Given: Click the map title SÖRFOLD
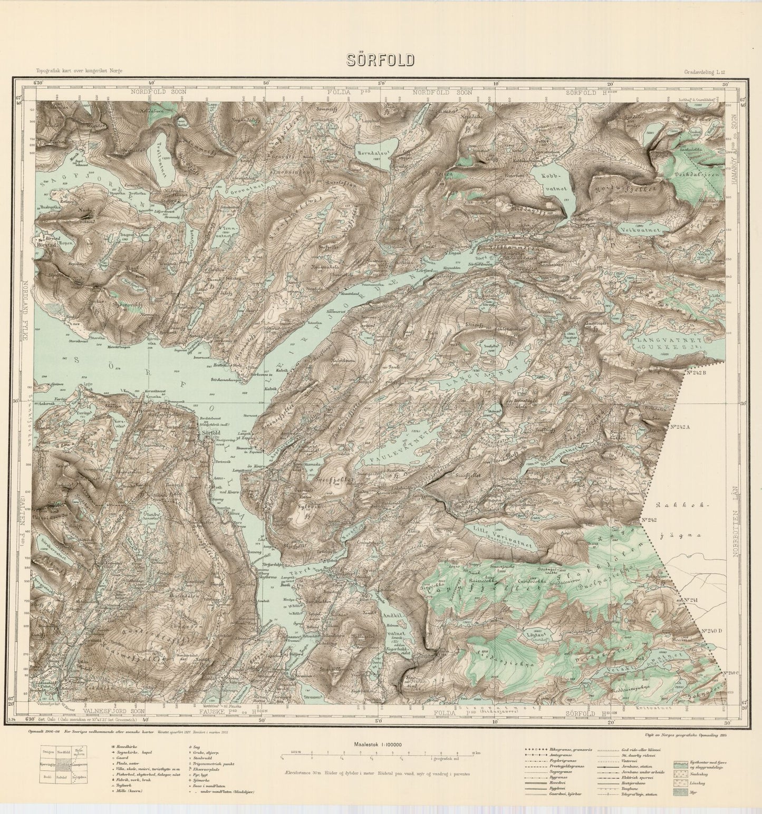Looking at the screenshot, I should (380, 60).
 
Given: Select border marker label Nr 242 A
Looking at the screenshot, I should (679, 428).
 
